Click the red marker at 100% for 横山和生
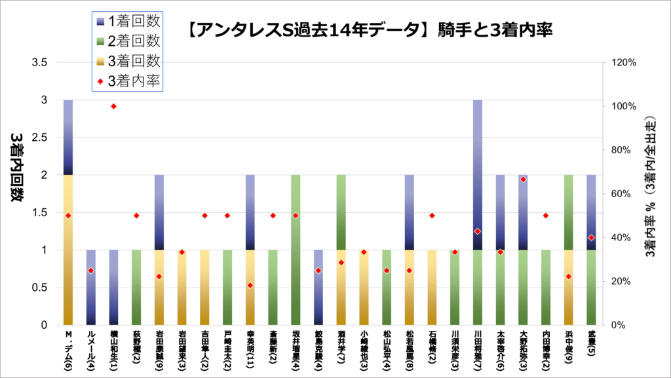click(113, 106)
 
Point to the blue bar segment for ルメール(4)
click(91, 287)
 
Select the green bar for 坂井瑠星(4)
click(296, 250)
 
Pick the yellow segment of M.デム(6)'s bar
click(68, 250)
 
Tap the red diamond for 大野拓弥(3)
click(523, 179)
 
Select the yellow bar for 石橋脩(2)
click(432, 287)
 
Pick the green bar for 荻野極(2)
click(136, 287)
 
